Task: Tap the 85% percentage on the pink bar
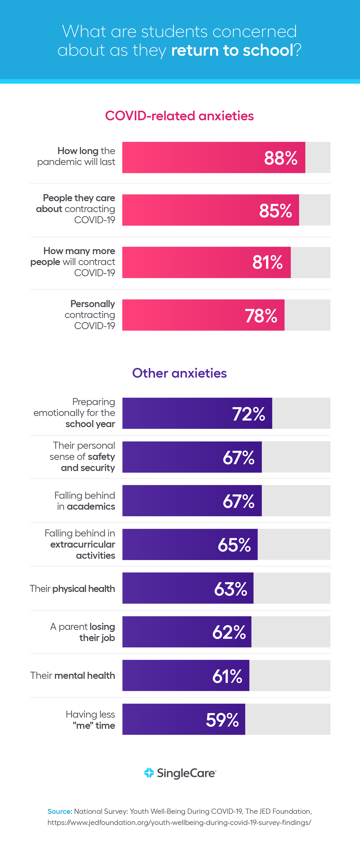(275, 210)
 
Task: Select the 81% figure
(267, 262)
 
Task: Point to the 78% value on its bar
(261, 316)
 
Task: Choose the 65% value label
(234, 545)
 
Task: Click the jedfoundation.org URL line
(179, 822)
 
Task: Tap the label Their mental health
(73, 675)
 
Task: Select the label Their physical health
(72, 589)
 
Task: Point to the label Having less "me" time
(91, 720)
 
